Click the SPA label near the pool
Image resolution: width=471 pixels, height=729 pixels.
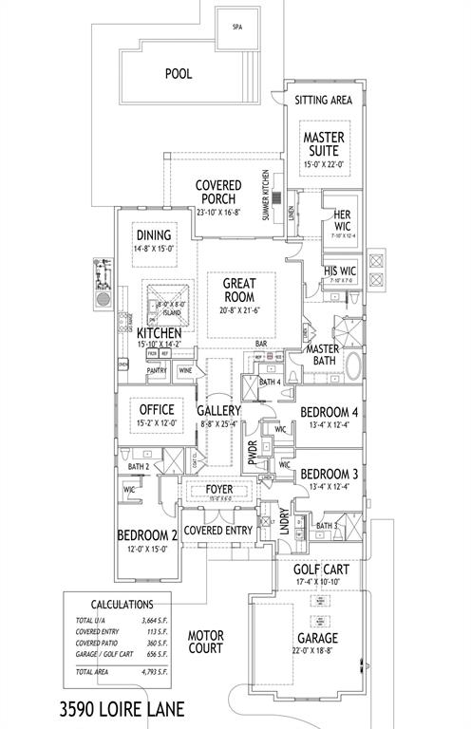[237, 28]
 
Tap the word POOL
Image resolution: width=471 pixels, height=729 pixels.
[179, 73]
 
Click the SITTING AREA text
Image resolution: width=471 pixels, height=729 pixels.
[324, 99]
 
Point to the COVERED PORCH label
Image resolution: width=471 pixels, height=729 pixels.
[218, 192]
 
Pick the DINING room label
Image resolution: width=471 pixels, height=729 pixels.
[153, 235]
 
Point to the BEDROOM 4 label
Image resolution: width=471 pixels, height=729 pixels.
[330, 413]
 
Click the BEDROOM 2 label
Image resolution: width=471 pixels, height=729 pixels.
[147, 535]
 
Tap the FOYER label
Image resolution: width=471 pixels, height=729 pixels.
[220, 491]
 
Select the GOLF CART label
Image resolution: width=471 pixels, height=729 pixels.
[321, 569]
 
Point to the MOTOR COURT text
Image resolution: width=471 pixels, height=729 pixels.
[204, 642]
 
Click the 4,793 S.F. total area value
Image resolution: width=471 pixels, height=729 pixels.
[155, 671]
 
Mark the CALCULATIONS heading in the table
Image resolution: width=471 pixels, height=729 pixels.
[121, 603]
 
